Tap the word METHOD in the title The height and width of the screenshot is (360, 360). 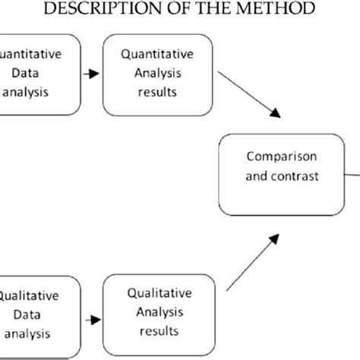tap(272, 10)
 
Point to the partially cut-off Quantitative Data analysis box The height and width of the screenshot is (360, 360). tap(38, 74)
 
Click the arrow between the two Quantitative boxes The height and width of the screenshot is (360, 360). tap(91, 74)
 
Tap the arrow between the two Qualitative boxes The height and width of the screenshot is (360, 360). tap(91, 319)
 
